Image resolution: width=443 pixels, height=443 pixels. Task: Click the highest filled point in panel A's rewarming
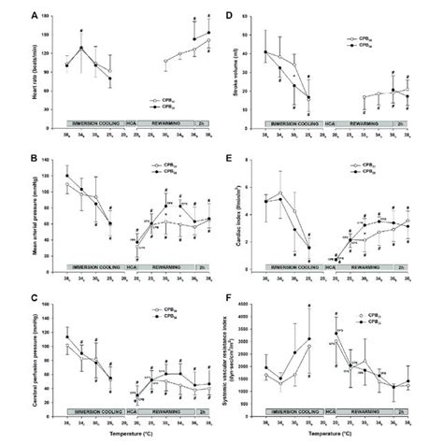pos(207,32)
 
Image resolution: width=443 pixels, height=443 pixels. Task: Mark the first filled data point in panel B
pos(67,175)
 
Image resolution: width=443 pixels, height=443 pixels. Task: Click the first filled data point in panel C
pos(67,336)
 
